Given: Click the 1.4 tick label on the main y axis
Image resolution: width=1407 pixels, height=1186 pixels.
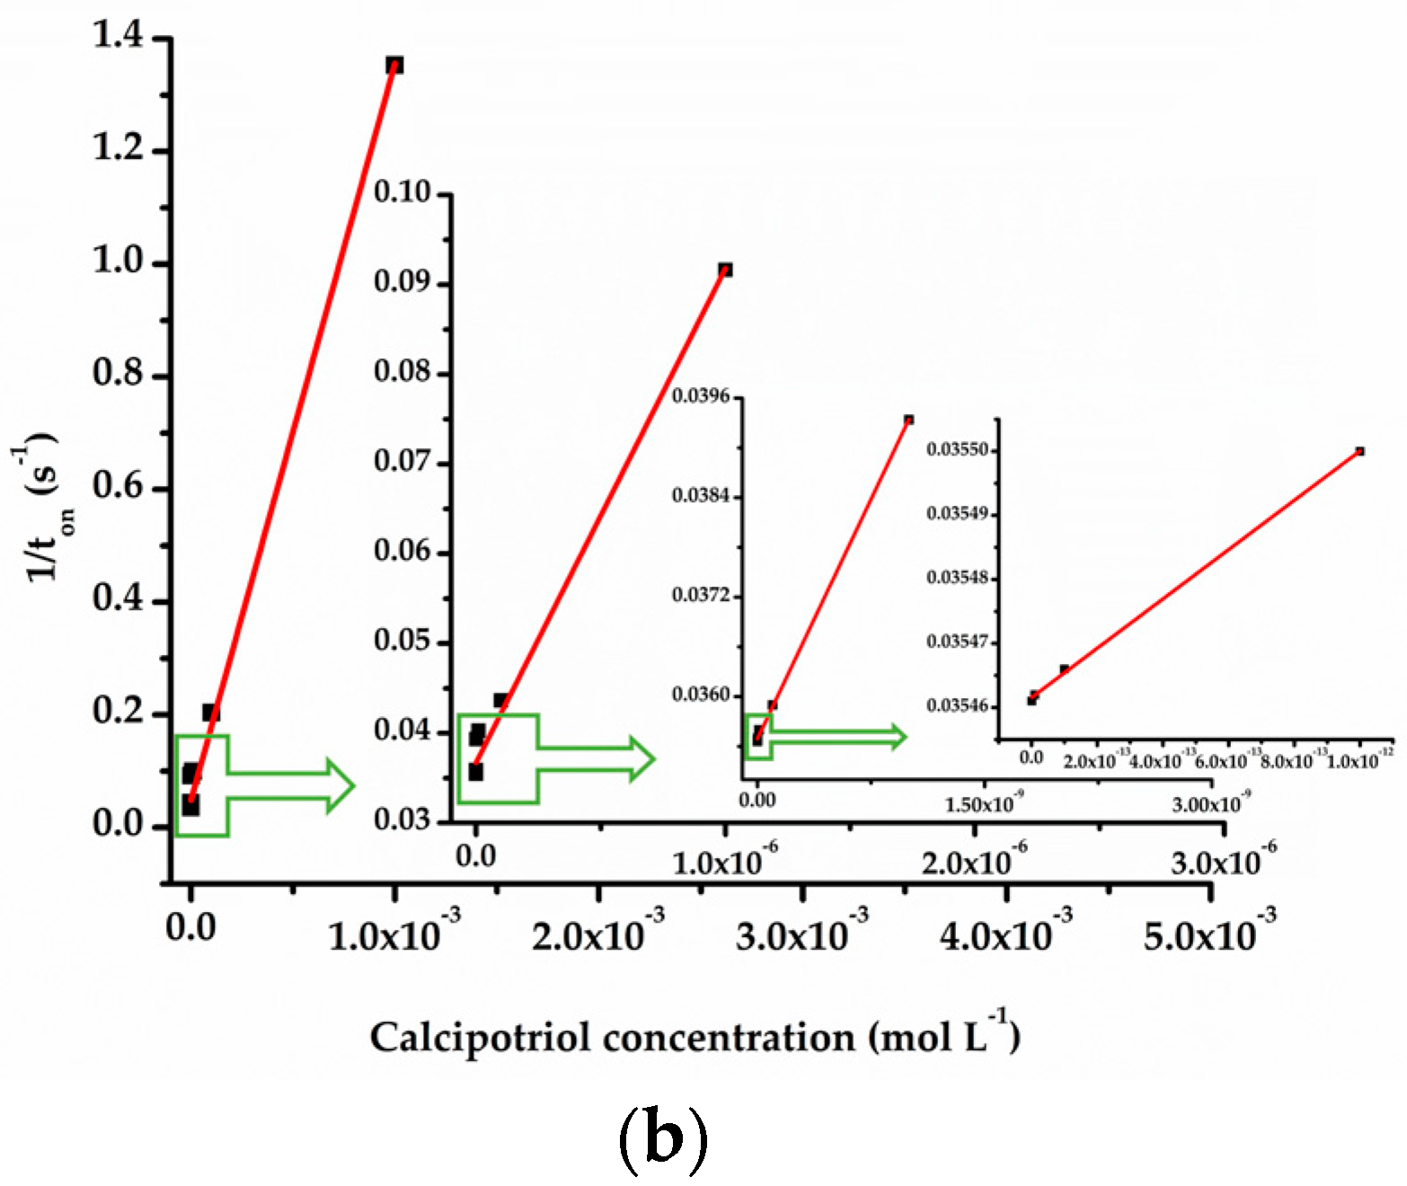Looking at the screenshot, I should [118, 36].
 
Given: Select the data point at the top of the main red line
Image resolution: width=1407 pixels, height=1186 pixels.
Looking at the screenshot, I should [394, 65].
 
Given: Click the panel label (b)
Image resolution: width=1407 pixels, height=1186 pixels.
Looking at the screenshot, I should [663, 1139].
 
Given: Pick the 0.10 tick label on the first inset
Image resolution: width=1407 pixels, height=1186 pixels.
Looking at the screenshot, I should [402, 192].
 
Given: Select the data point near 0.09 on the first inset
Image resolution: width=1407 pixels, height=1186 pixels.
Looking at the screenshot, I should [725, 270].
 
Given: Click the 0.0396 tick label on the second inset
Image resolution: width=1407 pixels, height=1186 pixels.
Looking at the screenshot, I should [701, 396].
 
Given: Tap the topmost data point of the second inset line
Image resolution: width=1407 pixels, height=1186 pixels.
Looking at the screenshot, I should [909, 420].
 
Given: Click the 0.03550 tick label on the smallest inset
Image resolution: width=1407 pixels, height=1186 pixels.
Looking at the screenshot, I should [958, 449].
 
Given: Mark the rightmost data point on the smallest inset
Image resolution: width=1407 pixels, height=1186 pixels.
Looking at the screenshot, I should [1360, 451].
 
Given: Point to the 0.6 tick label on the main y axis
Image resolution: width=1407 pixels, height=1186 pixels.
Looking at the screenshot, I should [118, 486].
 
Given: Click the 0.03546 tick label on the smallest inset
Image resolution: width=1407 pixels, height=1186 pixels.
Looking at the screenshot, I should [958, 705].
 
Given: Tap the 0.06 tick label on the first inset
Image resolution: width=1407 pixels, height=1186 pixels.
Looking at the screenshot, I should [402, 551].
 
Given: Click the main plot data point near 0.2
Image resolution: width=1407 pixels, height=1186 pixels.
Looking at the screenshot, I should [210, 712].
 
